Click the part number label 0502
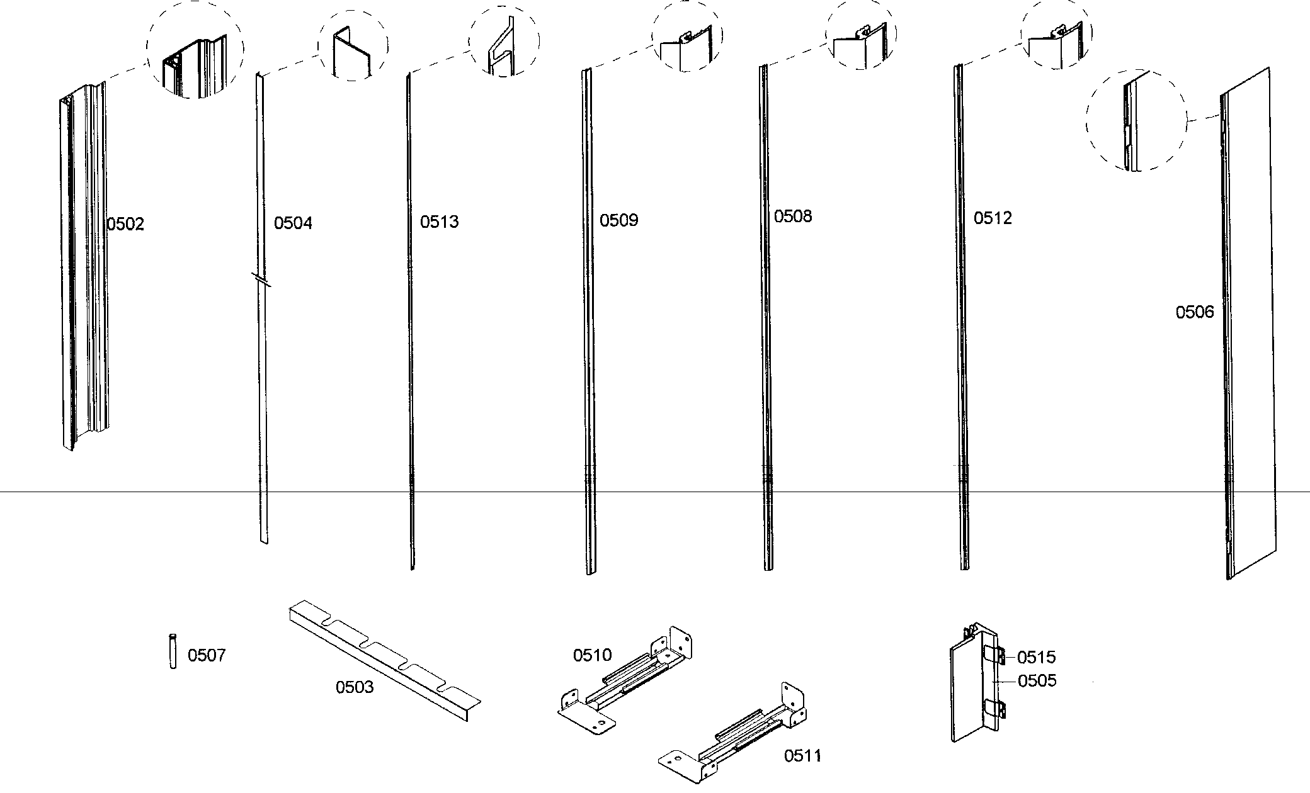coord(126,224)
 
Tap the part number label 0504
coord(293,223)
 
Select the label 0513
coord(440,222)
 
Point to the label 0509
coord(618,220)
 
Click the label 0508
coord(793,217)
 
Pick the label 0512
coord(993,218)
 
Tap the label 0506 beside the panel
coord(1194,312)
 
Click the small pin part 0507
coord(173,651)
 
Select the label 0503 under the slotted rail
coord(354,687)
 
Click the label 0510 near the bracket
coord(592,655)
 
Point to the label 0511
coord(802,755)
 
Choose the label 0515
coord(1036,658)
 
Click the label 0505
coord(1037,681)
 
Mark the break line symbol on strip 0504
coord(261,279)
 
